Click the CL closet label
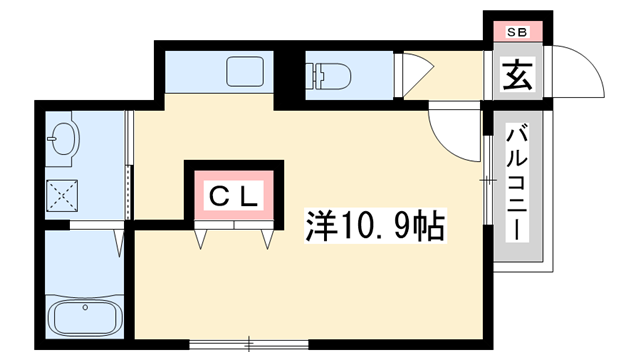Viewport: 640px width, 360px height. point(233,195)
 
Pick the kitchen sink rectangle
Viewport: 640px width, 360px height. point(244,72)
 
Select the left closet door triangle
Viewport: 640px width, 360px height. point(202,238)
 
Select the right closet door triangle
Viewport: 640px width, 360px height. point(267,238)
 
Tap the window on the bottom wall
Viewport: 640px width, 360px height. point(237,346)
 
